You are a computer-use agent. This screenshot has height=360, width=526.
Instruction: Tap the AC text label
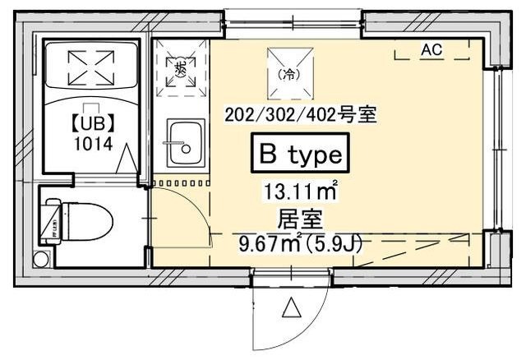[x=431, y=49]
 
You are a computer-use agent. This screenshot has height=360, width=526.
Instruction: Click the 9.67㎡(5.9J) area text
[x=300, y=243]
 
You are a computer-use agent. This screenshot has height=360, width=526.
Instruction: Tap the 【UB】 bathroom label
[x=91, y=126]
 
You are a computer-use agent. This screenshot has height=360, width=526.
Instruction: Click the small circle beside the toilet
[x=39, y=260]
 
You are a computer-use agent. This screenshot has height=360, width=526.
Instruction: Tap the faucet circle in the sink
[x=186, y=150]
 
